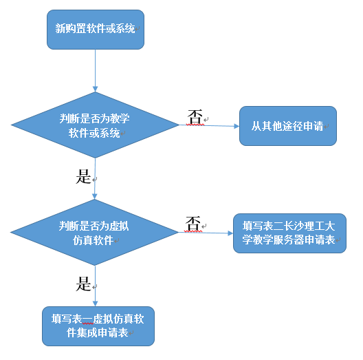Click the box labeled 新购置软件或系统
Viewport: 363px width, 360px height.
96,30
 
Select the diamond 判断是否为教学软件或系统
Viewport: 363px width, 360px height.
95,125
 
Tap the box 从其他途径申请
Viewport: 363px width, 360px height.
288,126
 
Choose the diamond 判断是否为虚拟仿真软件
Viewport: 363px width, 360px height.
94,232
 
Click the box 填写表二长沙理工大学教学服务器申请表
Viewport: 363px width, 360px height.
289,233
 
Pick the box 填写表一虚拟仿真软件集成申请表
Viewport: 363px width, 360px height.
98,326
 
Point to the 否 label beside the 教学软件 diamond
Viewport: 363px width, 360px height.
195,117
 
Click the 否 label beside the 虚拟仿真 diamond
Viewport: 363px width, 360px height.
192,224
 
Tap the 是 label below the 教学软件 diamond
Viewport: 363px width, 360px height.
83,176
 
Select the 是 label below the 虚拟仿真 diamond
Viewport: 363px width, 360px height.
83,284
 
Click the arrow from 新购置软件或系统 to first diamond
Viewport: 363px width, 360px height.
95,70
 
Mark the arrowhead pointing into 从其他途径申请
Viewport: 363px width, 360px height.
236,126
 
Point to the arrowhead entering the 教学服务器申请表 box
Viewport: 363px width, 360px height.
230,233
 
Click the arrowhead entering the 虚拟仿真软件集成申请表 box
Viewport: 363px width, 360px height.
95,304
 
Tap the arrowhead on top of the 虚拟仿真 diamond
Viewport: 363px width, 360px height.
94,196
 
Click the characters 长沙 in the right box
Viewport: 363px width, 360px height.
294,226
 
